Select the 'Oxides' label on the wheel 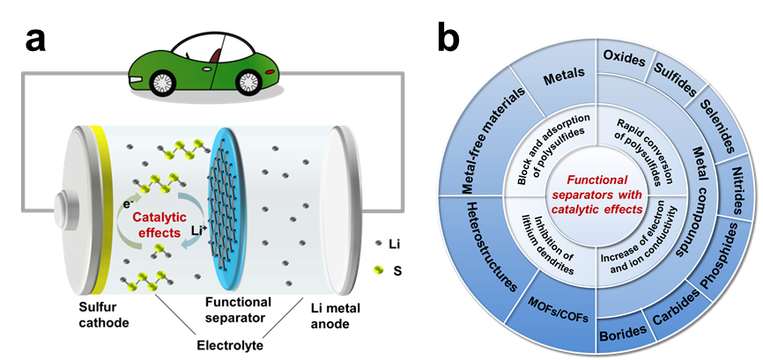tap(623, 57)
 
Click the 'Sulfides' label tap(677, 78)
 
